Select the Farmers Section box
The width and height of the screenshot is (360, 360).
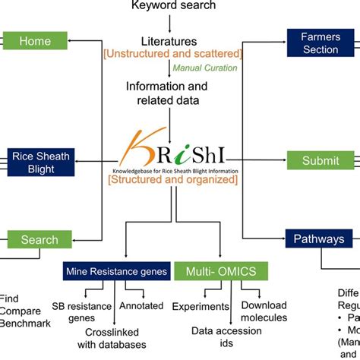tap(320, 43)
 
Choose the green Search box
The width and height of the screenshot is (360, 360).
tap(39, 240)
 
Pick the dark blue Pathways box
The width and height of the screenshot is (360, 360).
tap(320, 239)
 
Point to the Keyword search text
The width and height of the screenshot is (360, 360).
tap(174, 6)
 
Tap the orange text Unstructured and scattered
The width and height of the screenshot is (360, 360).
tap(174, 54)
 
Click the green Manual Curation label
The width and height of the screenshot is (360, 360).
tap(204, 68)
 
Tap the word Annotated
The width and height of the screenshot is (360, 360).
tap(141, 306)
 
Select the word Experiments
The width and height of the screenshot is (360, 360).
tap(201, 306)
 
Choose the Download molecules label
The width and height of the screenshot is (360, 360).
tap(264, 311)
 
